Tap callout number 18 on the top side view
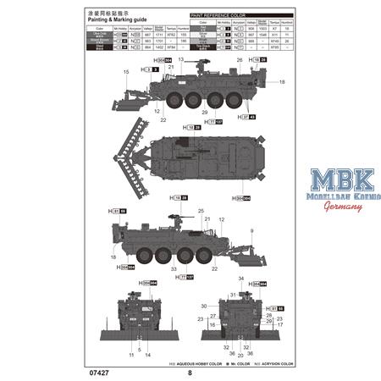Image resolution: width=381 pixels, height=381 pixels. point(282,80)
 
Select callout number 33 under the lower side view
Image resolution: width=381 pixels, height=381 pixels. point(173,269)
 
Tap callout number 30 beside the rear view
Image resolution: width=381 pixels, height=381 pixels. point(203,305)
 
